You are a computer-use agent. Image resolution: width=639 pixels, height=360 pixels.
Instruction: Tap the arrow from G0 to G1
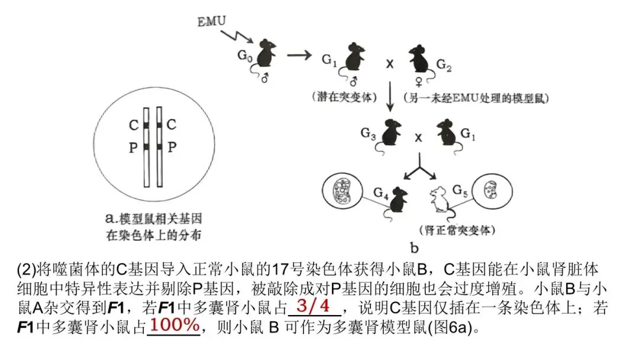(299, 56)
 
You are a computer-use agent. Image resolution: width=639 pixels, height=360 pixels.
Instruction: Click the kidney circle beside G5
(489, 190)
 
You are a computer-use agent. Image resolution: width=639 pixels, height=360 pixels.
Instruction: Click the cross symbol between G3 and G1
(419, 137)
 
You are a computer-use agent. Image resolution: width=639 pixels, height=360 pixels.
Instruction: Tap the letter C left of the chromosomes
(134, 126)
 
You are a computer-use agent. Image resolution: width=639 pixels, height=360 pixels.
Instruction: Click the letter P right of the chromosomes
(172, 147)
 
